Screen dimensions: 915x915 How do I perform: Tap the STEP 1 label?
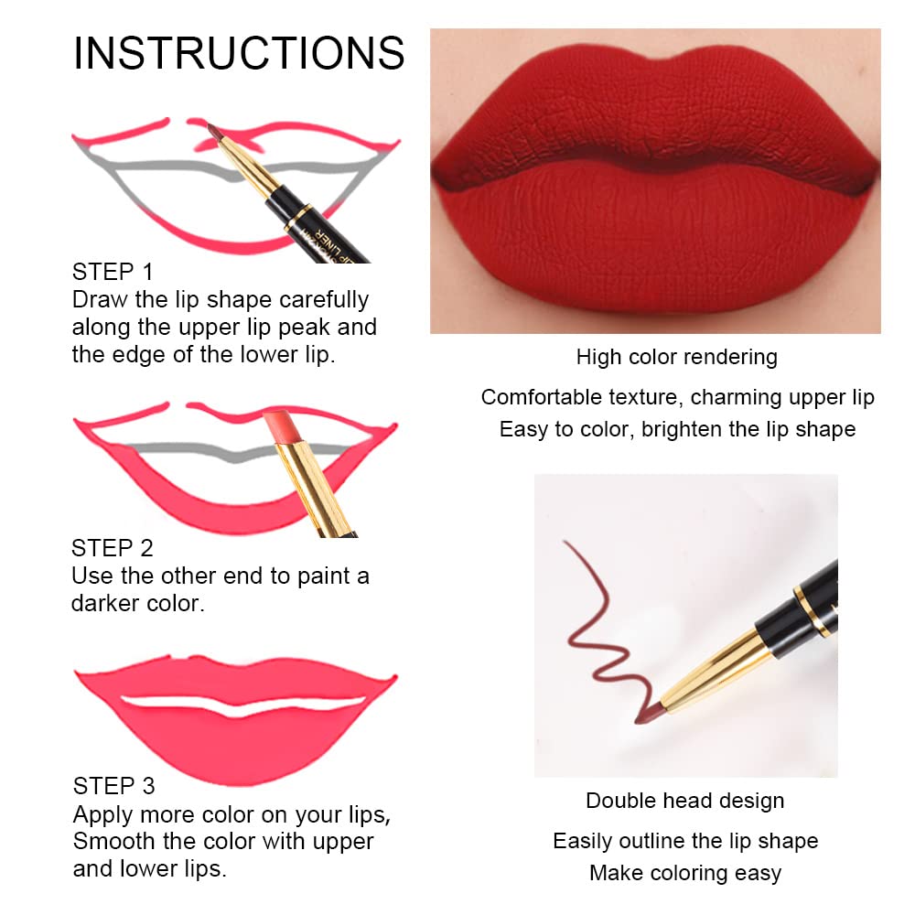[x=113, y=272]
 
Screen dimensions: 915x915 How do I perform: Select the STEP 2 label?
[x=113, y=548]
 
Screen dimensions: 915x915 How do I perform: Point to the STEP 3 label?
[x=114, y=786]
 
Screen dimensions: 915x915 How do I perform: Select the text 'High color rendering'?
[x=676, y=357]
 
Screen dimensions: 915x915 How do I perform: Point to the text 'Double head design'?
[x=684, y=801]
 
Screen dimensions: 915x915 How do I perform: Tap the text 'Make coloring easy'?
[x=684, y=873]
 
